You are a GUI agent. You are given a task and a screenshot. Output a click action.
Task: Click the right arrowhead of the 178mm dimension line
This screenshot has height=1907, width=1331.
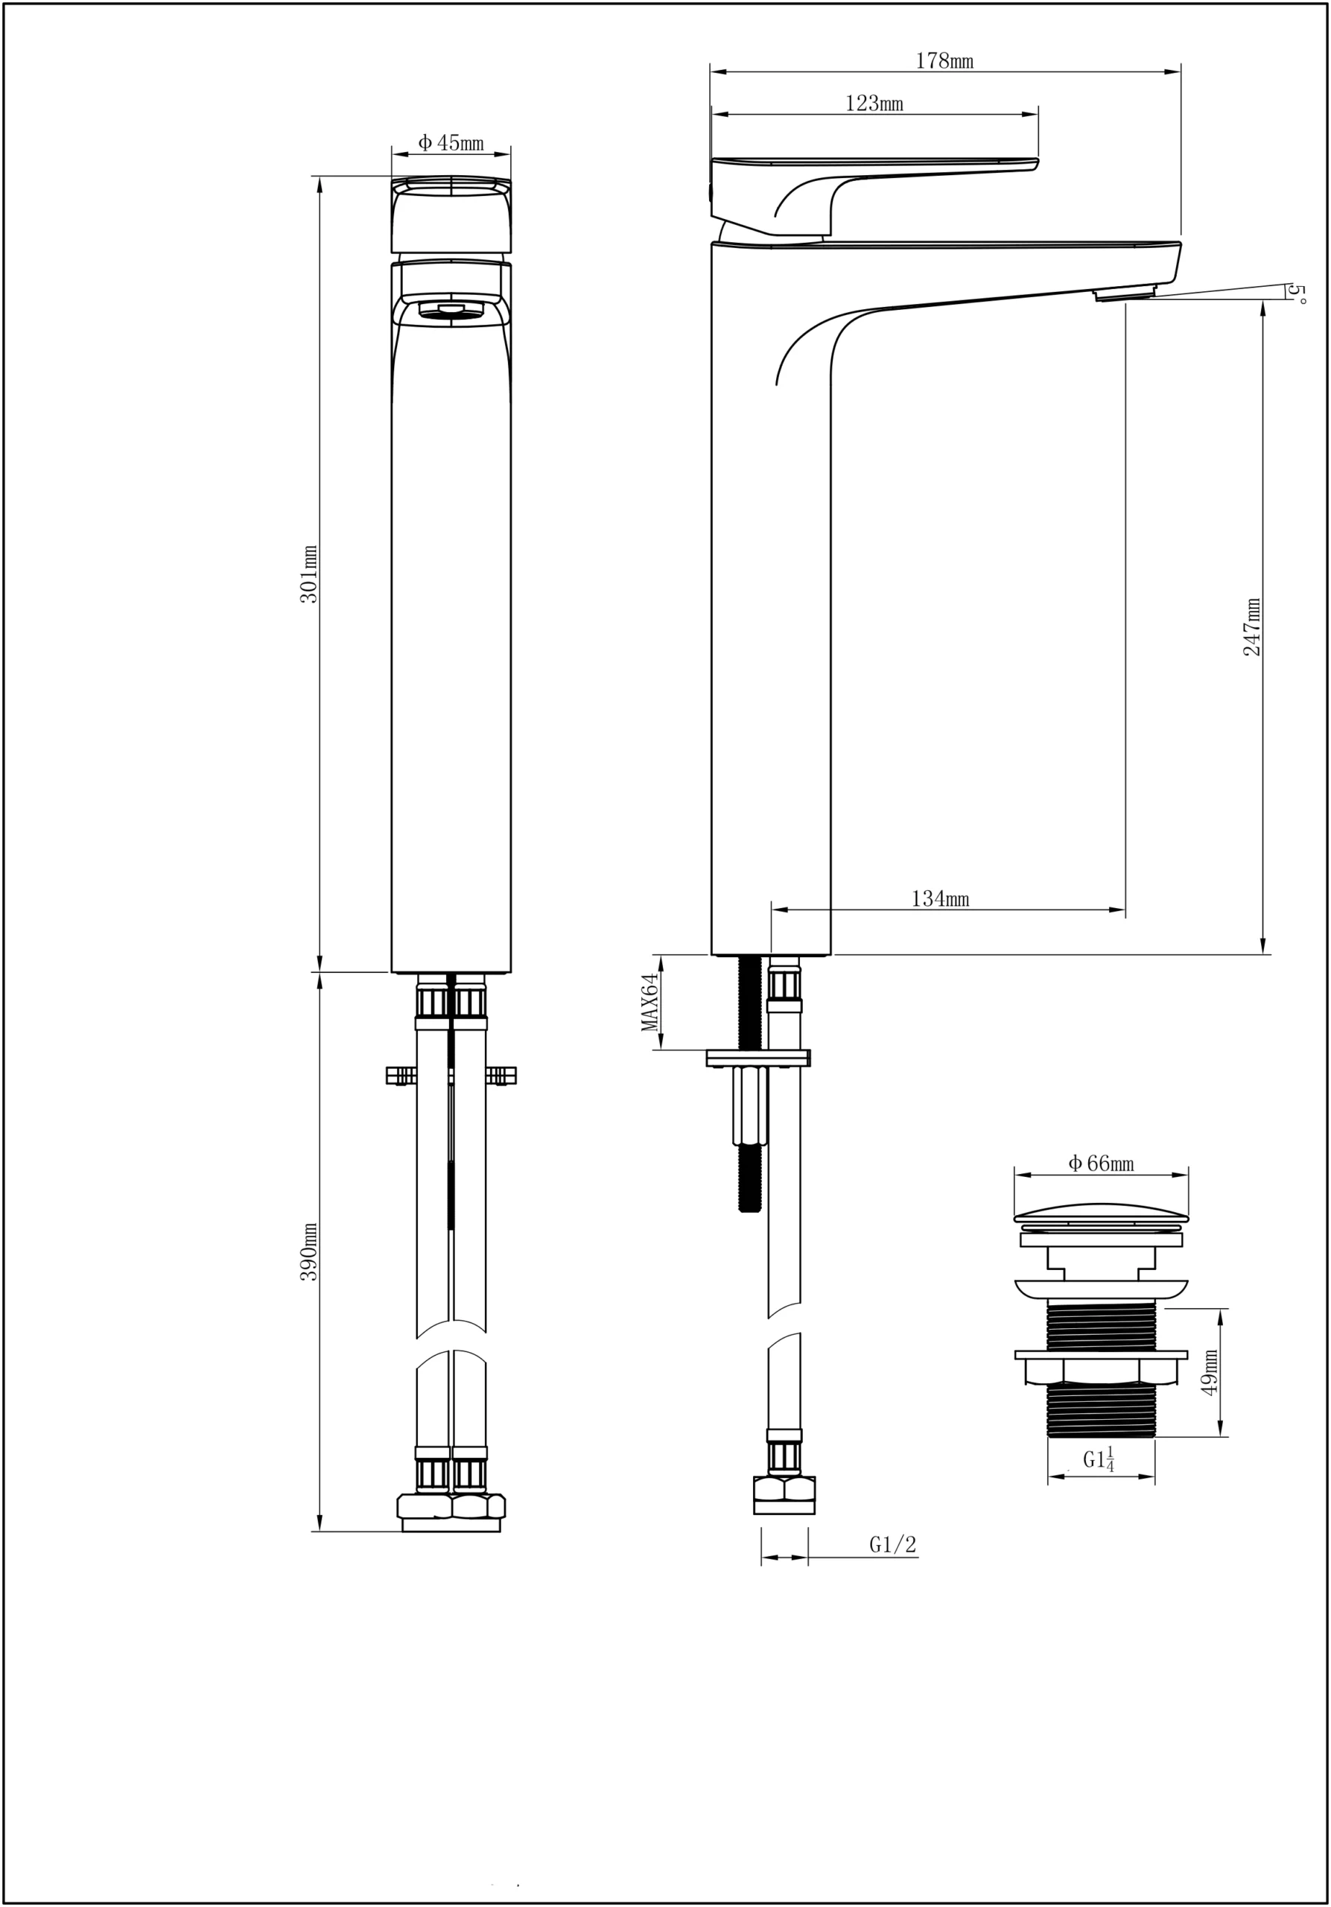click(x=1173, y=72)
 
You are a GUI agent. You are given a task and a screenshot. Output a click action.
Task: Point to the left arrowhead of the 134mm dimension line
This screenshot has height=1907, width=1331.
click(x=780, y=910)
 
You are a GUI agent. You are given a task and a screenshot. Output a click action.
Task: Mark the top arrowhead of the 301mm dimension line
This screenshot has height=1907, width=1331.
click(x=320, y=185)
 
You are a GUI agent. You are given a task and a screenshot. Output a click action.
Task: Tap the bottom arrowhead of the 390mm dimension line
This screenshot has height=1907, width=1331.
click(x=320, y=1522)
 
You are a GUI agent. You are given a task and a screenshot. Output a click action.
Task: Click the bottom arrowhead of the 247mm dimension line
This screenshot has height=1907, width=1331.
click(x=1264, y=946)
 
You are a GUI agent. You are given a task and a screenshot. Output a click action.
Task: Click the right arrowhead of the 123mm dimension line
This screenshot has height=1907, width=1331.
click(x=1029, y=115)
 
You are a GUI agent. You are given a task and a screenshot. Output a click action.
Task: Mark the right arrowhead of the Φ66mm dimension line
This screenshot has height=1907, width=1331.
click(x=1179, y=1175)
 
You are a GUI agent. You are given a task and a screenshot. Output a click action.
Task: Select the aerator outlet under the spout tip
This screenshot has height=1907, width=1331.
click(x=1125, y=292)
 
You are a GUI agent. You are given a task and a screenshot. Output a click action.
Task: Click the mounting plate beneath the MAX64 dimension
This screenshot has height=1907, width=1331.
click(x=757, y=1058)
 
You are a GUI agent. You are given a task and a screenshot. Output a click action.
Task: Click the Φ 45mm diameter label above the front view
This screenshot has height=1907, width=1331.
click(x=450, y=143)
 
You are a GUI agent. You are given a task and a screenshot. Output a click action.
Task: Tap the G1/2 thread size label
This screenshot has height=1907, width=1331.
click(x=892, y=1545)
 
